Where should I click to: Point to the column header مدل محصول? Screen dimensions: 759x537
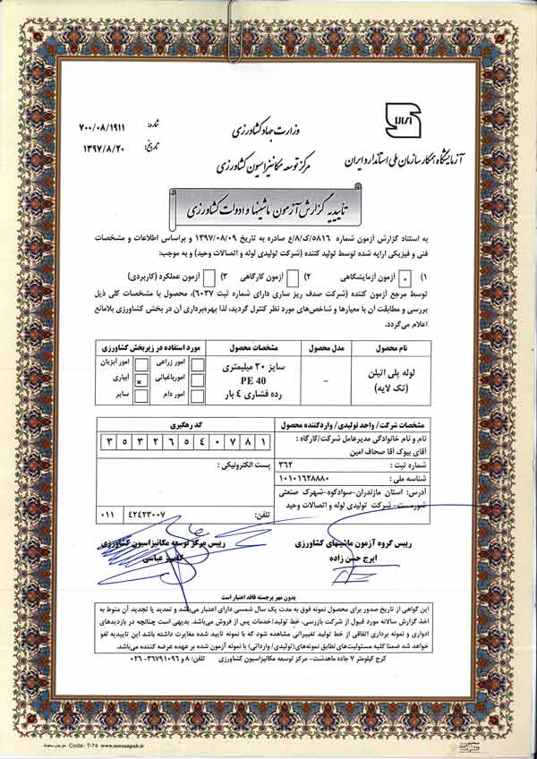pos(320,345)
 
